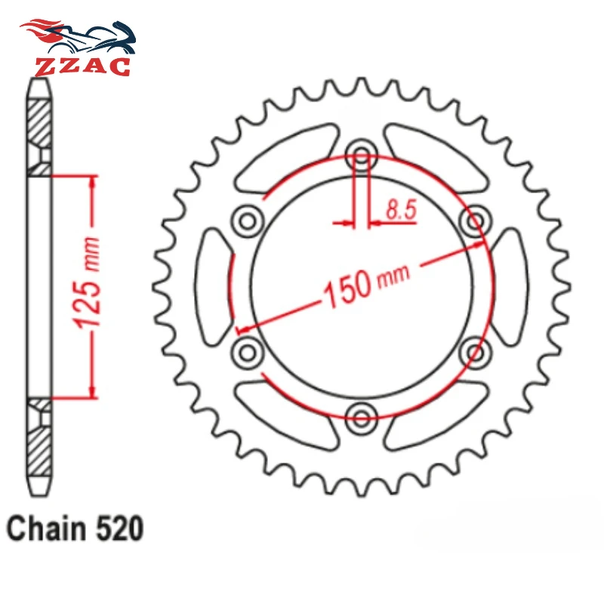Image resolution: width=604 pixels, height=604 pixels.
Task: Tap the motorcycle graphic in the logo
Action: (x=79, y=34)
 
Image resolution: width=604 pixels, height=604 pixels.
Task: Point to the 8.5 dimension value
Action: (x=401, y=211)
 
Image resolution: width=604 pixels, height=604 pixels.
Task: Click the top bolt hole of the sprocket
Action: (x=362, y=157)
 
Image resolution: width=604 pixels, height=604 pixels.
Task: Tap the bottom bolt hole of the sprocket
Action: (x=362, y=414)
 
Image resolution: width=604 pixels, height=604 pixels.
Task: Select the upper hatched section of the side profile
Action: (x=40, y=121)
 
